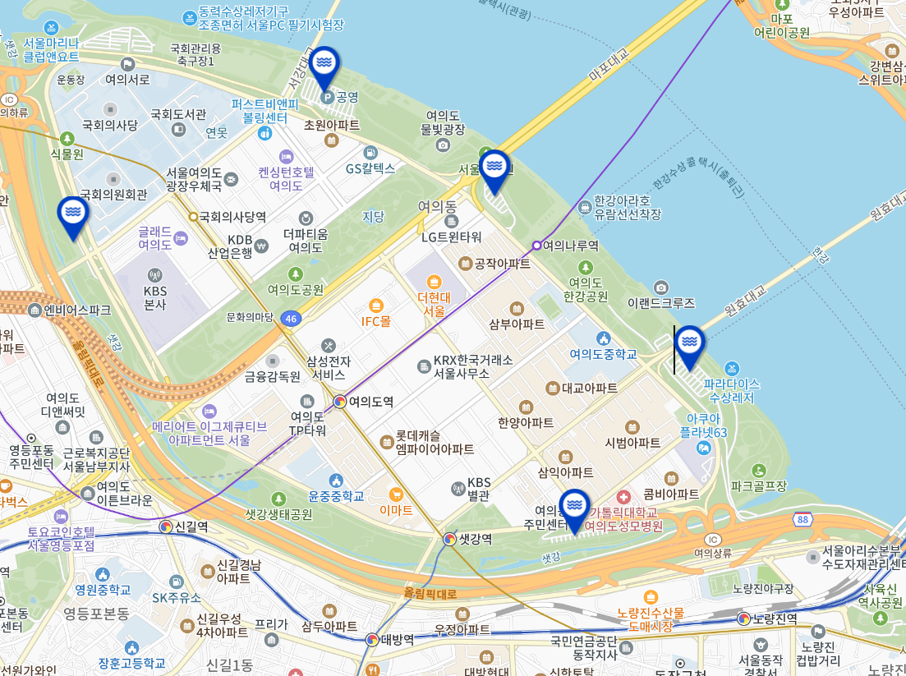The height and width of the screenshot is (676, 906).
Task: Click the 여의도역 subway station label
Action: click(370, 402)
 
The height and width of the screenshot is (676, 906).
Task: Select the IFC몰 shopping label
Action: click(376, 321)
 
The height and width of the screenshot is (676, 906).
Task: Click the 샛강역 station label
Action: click(475, 539)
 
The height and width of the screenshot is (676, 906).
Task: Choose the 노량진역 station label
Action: click(775, 619)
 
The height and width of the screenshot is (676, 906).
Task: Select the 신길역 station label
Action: click(191, 527)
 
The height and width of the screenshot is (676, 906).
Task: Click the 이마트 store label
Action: click(396, 509)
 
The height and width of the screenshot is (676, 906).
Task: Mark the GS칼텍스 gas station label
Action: click(370, 168)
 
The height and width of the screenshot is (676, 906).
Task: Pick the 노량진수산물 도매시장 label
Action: click(651, 619)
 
